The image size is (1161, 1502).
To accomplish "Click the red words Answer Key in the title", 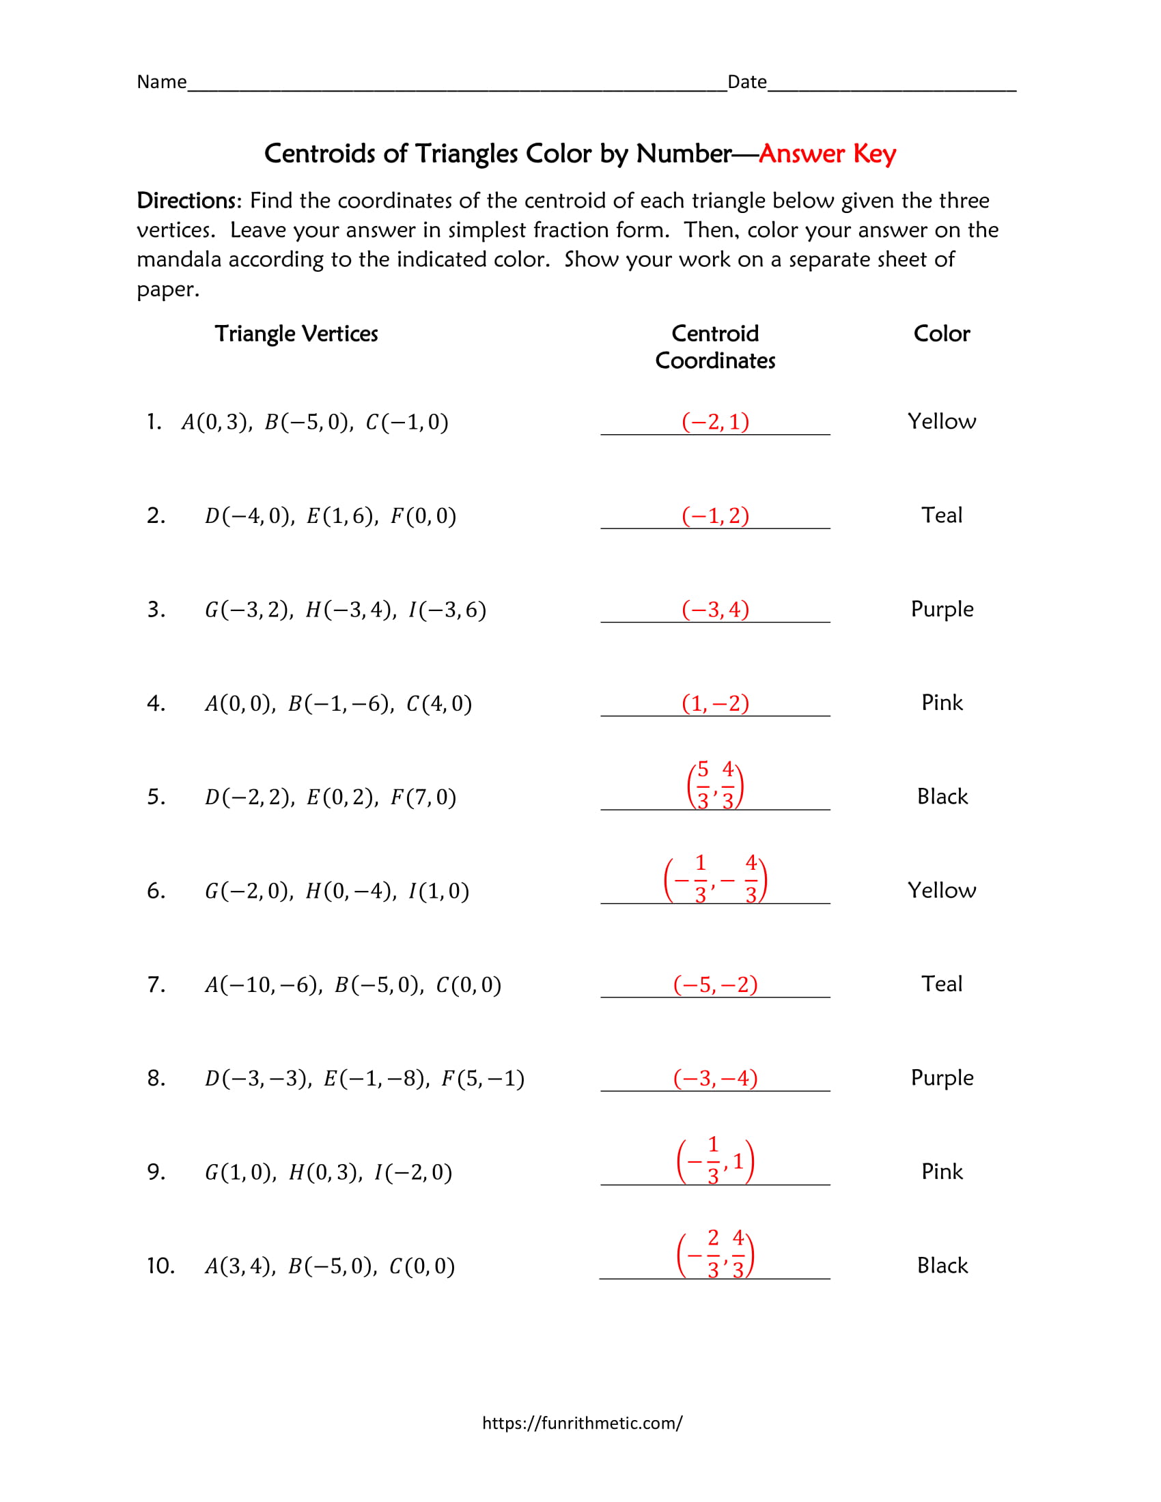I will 827,154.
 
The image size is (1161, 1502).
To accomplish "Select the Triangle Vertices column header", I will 296,334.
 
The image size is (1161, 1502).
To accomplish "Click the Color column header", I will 941,334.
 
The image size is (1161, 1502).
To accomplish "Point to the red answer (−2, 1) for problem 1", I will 714,421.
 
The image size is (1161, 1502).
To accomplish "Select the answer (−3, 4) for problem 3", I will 714,609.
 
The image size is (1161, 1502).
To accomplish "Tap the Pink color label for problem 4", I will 942,703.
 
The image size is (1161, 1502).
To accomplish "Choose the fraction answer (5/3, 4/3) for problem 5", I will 714,784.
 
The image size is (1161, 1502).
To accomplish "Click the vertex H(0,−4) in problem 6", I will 351,891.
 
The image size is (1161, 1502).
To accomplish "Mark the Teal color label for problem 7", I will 942,984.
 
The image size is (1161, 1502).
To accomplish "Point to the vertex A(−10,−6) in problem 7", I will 264,984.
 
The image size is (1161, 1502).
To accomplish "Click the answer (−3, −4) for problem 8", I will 714,1078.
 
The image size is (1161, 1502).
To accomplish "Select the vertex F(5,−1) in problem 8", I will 482,1078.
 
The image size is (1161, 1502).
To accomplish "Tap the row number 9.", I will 156,1172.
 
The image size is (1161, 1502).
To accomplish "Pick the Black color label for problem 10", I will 942,1265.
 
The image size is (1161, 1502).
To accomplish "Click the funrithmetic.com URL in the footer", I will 582,1423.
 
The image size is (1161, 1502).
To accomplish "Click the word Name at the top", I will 162,82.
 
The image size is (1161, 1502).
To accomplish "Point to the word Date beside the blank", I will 747,82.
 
